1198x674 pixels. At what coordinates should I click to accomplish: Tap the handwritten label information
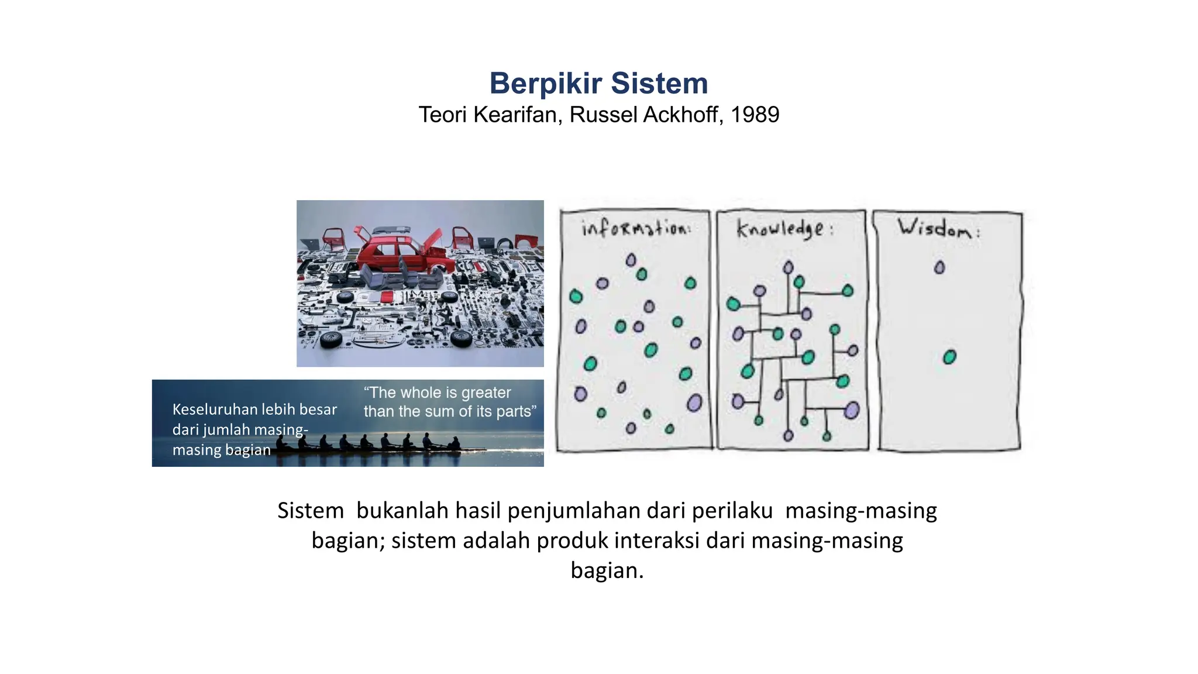click(x=636, y=228)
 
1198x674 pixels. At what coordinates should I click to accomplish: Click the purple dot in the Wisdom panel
click(x=939, y=268)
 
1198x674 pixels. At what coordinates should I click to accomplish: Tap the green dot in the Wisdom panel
click(x=949, y=357)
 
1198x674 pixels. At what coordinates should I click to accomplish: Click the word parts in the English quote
click(x=515, y=411)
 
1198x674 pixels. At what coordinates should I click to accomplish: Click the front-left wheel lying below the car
click(x=331, y=339)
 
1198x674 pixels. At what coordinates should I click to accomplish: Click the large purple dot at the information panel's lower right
click(x=694, y=403)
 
